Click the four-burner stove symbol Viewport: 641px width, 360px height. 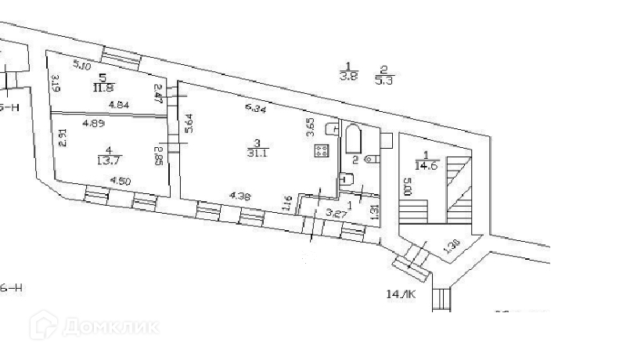click(321, 151)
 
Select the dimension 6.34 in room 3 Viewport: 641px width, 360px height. click(256, 109)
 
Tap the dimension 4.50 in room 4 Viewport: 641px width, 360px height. click(120, 182)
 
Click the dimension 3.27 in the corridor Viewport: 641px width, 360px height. click(336, 213)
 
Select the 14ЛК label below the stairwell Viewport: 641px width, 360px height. click(400, 294)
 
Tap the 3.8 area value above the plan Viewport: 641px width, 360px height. click(348, 77)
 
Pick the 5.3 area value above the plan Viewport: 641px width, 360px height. click(384, 78)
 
